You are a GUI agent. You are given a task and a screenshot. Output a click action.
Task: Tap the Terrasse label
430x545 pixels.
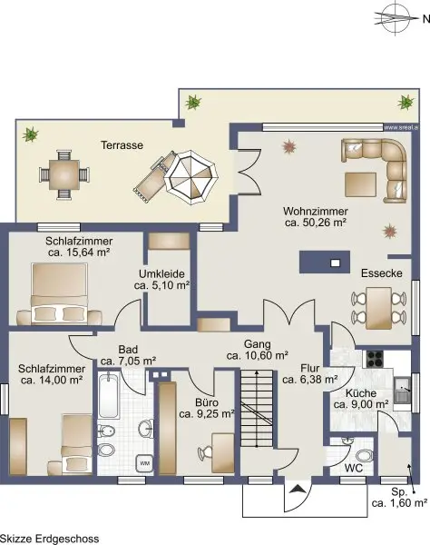coord(122,145)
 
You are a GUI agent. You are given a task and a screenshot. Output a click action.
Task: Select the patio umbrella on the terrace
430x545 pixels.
coord(191,178)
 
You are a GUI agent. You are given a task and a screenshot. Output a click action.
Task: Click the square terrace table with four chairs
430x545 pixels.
coord(64,174)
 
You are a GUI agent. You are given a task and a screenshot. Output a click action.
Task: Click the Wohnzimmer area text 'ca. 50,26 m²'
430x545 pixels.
coord(316,223)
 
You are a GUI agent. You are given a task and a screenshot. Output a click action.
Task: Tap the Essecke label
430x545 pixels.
coord(382,273)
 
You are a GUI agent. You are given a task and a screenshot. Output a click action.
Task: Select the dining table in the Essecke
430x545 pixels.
coord(378,308)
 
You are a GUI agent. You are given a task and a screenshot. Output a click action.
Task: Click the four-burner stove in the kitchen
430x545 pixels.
coord(376,359)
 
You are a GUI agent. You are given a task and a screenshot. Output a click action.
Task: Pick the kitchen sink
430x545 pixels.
coord(402,391)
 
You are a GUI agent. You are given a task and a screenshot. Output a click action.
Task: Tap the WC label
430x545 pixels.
coord(353,468)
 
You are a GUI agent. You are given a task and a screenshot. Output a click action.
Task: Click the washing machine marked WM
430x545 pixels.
coord(145,463)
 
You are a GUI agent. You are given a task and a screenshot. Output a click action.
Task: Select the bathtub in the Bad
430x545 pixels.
coord(108,396)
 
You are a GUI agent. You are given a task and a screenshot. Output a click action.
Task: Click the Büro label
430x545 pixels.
coord(207,402)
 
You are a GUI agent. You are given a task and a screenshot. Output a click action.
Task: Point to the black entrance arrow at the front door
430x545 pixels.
coord(298,490)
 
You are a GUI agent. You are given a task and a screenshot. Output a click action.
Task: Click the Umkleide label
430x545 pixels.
coord(161,274)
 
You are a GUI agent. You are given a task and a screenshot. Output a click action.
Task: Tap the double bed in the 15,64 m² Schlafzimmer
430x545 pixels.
coord(59,293)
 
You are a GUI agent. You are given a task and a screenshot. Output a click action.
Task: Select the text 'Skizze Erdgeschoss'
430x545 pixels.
coord(50,539)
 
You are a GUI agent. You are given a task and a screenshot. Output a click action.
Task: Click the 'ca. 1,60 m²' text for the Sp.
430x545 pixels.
coord(399,503)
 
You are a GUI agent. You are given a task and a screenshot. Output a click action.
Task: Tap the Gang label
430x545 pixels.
coord(257,344)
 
